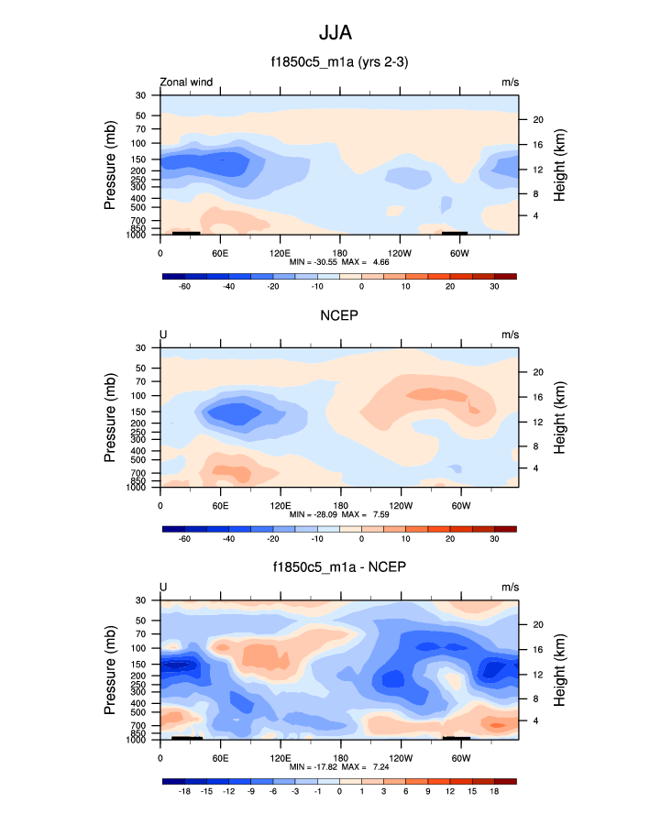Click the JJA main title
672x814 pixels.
pos(335,34)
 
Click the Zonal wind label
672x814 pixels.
pos(187,82)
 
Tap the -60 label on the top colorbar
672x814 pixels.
pos(183,286)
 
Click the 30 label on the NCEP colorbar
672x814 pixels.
pos(494,539)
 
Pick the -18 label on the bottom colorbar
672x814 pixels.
pos(183,791)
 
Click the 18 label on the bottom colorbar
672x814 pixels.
pos(494,791)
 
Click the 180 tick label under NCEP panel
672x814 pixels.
pos(339,504)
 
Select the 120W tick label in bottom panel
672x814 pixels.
pos(400,757)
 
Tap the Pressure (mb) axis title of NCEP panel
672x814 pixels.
pos(110,418)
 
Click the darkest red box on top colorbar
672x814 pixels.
pos(505,275)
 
